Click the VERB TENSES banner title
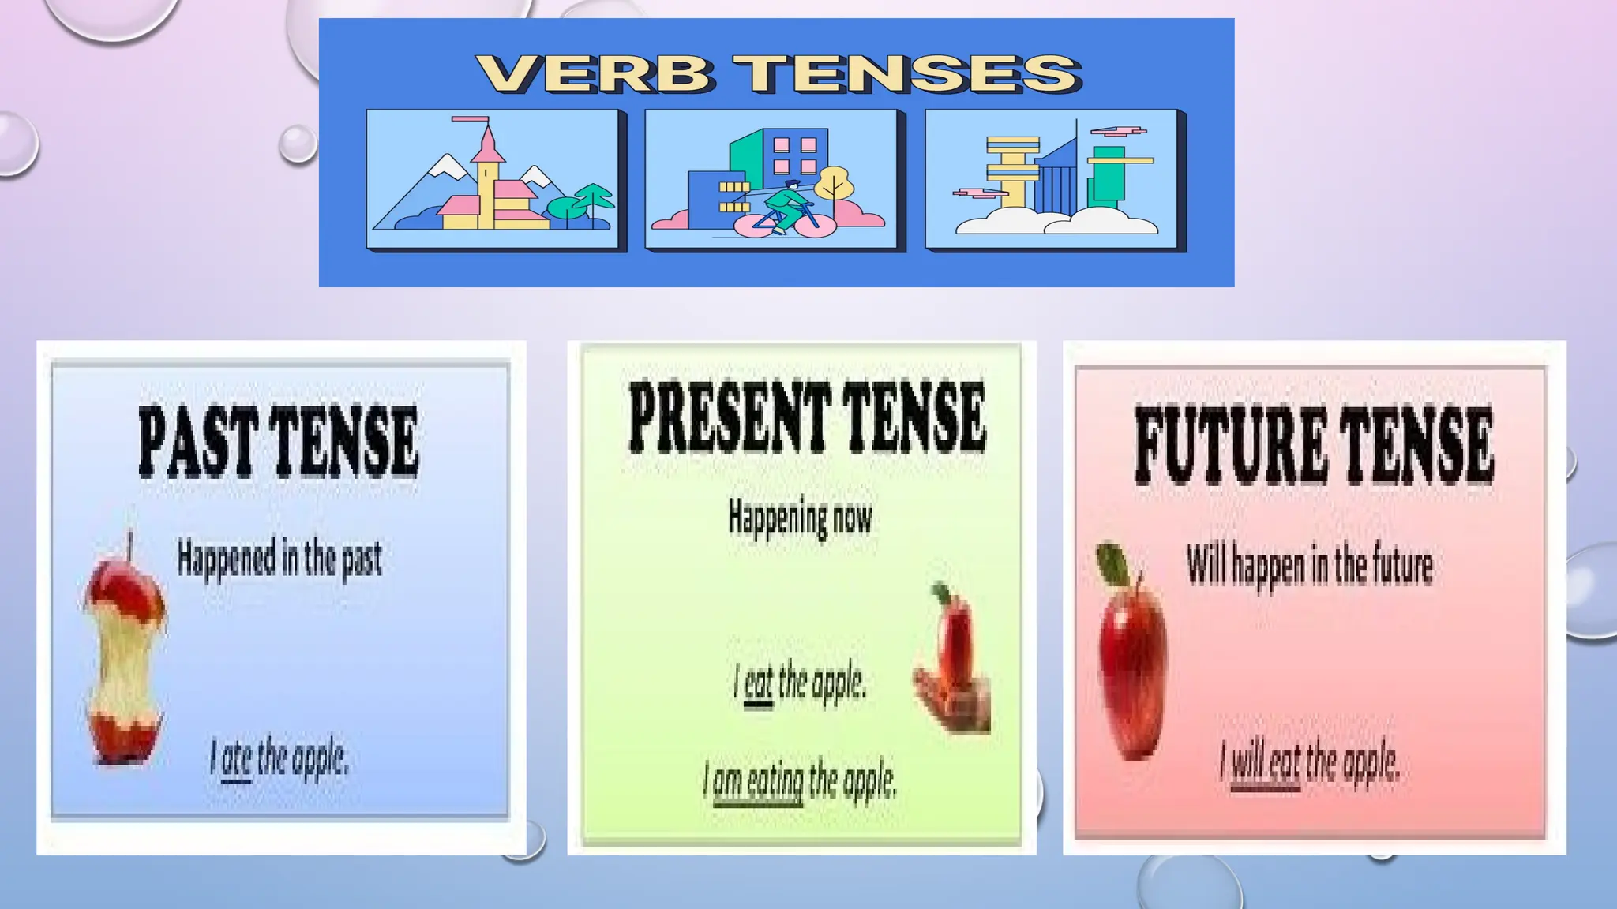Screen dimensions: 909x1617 (778, 73)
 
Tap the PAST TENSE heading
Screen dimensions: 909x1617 (278, 442)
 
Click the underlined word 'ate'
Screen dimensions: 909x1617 (236, 760)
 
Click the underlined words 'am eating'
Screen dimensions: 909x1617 (758, 782)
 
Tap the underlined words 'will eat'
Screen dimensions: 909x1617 (1266, 763)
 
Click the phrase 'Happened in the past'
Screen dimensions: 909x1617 (279, 559)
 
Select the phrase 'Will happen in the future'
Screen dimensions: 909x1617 (1310, 565)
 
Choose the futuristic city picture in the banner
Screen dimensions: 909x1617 (1054, 180)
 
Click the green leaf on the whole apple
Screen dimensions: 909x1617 (1113, 564)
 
